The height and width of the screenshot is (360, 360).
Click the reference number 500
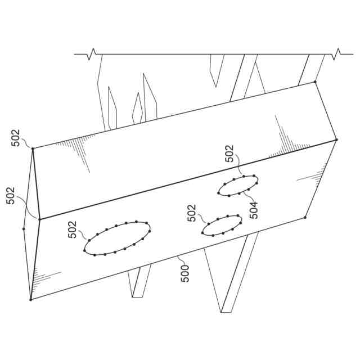click(x=185, y=274)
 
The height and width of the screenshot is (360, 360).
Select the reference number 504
click(x=254, y=210)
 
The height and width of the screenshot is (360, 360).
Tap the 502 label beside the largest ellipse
click(x=72, y=229)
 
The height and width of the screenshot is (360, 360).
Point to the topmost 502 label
click(x=16, y=138)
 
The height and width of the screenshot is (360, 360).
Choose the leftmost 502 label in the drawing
click(x=10, y=196)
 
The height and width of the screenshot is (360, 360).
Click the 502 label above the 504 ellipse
click(x=229, y=154)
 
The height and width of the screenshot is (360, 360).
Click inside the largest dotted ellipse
click(x=118, y=238)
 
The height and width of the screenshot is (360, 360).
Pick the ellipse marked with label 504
click(x=238, y=186)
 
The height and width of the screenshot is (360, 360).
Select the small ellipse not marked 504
click(x=222, y=226)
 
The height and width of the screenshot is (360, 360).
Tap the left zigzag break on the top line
click(x=92, y=54)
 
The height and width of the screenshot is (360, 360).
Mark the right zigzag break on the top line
click(x=336, y=54)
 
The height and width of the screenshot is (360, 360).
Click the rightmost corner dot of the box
click(x=336, y=139)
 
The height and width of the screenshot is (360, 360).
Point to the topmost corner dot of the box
click(x=315, y=82)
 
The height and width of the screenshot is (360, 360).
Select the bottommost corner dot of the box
click(x=31, y=300)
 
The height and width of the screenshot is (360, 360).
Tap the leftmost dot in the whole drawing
click(x=24, y=229)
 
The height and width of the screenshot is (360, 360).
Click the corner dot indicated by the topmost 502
click(x=33, y=148)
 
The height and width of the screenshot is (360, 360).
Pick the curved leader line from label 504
click(x=247, y=197)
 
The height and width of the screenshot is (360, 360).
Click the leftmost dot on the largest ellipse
click(x=84, y=250)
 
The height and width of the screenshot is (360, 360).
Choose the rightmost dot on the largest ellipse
click(x=150, y=231)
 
